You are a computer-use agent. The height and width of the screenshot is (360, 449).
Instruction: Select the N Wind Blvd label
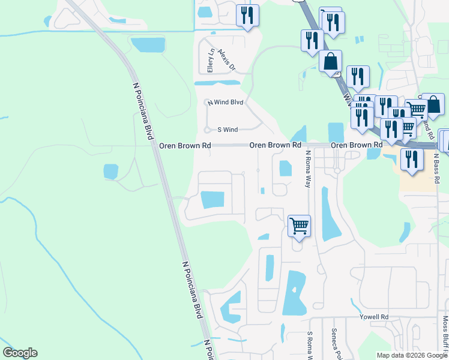226,103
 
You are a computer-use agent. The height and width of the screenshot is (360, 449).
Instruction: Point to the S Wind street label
228,129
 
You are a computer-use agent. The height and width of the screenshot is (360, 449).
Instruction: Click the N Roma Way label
307,169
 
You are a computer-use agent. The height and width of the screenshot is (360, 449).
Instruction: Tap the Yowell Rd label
374,316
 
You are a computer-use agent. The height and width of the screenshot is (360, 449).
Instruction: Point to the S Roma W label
310,344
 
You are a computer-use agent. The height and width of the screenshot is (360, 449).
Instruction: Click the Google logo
20,353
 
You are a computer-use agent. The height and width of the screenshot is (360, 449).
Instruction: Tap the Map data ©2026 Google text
412,355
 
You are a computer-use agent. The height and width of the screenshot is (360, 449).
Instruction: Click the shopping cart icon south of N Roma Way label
299,226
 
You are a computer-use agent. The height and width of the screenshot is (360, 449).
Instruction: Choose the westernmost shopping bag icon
330,61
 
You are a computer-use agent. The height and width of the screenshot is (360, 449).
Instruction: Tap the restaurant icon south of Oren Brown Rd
411,160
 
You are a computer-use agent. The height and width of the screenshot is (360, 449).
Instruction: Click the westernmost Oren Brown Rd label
185,145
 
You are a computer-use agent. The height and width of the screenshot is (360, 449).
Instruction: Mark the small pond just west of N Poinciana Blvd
111,172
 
